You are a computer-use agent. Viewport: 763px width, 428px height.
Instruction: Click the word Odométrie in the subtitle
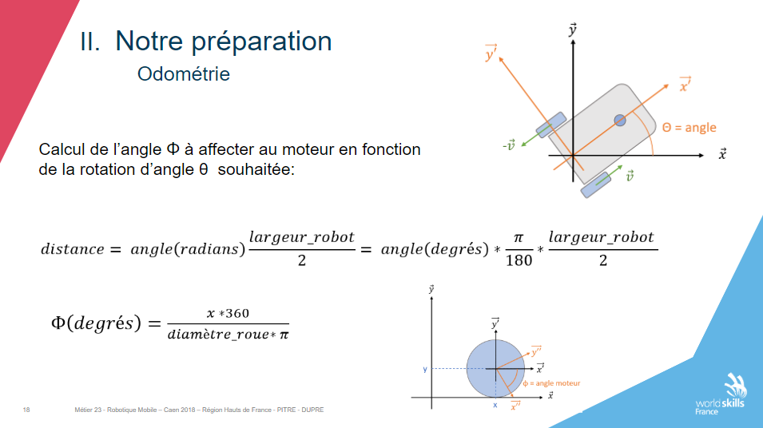pos(184,74)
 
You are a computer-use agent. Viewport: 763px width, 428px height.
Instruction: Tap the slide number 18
pos(26,410)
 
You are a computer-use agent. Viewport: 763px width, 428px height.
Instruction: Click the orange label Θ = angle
pos(689,128)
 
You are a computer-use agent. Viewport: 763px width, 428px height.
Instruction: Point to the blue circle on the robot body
pos(620,120)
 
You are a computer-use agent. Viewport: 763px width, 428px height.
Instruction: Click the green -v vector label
pos(509,145)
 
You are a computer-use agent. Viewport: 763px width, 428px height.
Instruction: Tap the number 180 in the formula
pos(519,260)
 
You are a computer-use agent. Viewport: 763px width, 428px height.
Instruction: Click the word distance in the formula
pos(73,249)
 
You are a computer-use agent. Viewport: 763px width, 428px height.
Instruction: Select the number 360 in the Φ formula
pos(237,313)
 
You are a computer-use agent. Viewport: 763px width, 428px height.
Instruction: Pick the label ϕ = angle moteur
pos(552,383)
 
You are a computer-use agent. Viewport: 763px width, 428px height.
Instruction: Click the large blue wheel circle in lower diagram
pos(495,369)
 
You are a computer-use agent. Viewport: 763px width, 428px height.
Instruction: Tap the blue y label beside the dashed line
pos(425,369)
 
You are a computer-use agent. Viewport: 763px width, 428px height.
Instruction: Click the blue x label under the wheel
pos(495,405)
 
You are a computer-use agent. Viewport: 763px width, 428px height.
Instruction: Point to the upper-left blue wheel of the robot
pos(551,124)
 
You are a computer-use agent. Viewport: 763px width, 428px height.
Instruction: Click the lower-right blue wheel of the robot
pos(596,184)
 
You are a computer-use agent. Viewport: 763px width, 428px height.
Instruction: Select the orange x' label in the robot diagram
pos(686,85)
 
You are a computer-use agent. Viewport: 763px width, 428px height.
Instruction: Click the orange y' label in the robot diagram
pos(491,53)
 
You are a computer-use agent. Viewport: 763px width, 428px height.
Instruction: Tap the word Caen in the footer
pos(171,410)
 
